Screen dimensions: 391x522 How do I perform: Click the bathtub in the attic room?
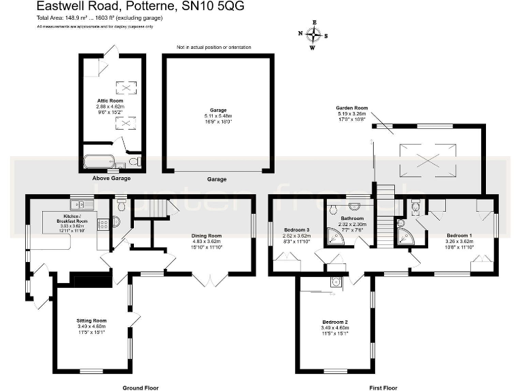(100, 162)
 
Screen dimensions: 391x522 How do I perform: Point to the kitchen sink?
(77, 204)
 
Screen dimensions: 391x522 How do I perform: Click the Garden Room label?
(351, 108)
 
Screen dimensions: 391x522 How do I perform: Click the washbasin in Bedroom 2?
(336, 283)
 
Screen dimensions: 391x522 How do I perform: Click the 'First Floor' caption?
(383, 387)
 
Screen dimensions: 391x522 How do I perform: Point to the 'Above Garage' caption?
(111, 179)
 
